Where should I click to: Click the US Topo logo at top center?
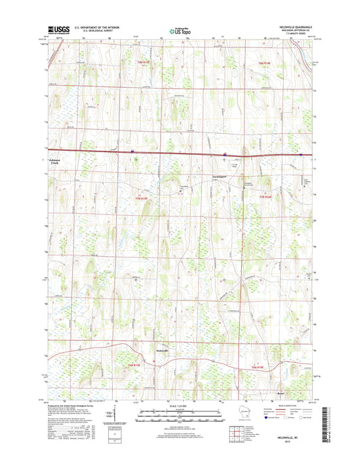pos(180,30)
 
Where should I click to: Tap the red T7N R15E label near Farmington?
pos(140,198)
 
